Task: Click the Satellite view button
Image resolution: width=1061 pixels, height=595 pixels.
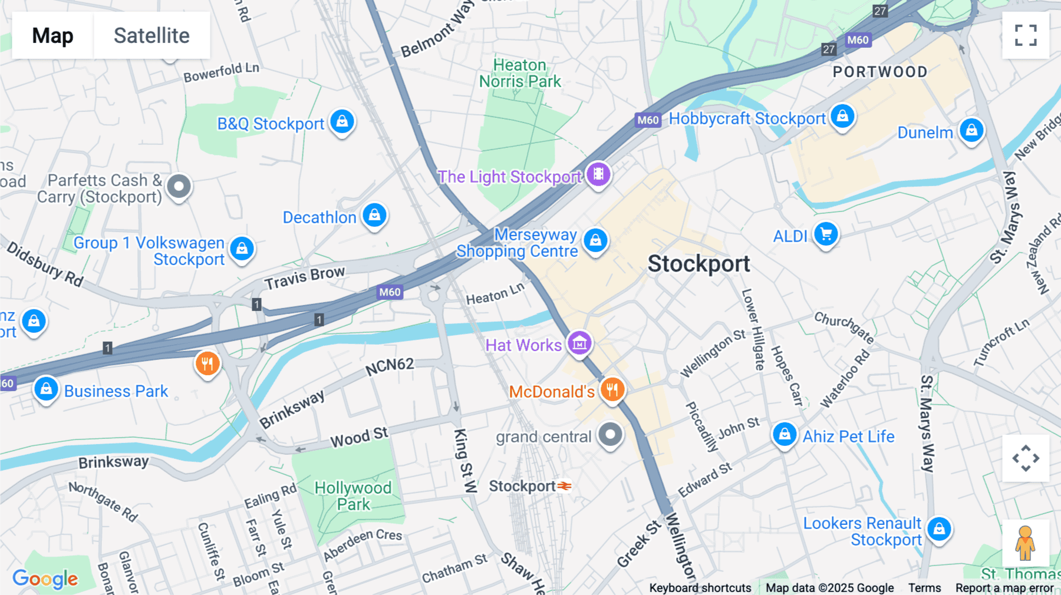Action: (151, 35)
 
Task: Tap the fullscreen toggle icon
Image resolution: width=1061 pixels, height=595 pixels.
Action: (1026, 35)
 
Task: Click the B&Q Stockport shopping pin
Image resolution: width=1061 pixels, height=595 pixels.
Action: (342, 121)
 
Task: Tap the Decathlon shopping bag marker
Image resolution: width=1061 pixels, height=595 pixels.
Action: (374, 215)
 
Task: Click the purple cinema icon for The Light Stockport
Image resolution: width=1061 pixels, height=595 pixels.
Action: (598, 174)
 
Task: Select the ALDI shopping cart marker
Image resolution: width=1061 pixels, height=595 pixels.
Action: (826, 234)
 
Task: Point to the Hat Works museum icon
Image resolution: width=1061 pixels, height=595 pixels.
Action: (579, 343)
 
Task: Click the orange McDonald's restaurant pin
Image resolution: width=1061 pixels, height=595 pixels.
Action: (612, 389)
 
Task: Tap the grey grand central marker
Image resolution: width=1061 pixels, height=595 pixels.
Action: (610, 435)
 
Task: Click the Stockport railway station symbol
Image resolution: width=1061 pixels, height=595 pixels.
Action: (565, 486)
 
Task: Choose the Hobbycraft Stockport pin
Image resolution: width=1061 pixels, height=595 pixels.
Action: (842, 116)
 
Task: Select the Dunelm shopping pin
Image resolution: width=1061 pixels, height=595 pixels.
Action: (971, 130)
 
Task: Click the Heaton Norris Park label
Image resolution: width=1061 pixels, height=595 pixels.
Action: (520, 73)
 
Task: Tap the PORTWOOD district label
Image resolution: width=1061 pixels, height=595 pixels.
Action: (879, 72)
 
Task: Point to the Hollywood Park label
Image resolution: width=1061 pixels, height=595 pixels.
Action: (353, 495)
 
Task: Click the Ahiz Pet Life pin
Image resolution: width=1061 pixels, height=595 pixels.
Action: (785, 435)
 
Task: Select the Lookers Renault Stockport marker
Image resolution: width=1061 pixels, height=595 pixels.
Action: (939, 529)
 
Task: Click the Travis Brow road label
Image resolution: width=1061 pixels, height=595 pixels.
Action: (304, 278)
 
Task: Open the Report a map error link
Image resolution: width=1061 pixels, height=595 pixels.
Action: (1004, 587)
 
